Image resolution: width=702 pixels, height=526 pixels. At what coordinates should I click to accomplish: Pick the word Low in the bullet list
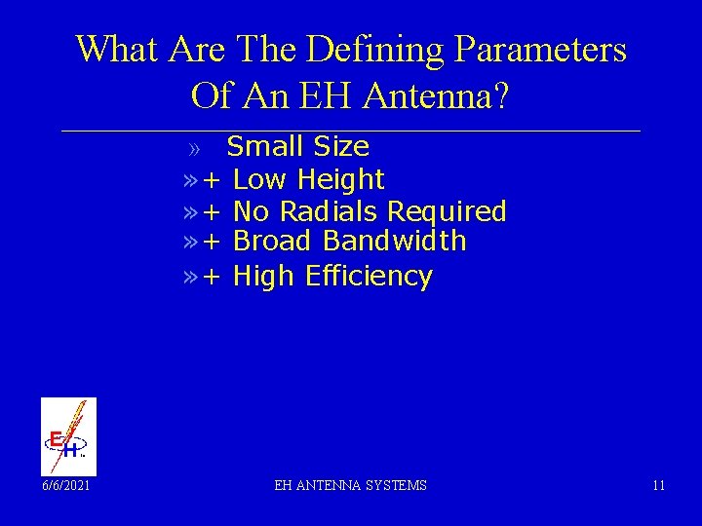[260, 179]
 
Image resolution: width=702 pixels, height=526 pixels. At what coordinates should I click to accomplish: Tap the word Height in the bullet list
[341, 179]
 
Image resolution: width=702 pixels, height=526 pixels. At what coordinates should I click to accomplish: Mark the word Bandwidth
[395, 241]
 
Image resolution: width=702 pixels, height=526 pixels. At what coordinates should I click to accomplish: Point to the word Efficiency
[369, 277]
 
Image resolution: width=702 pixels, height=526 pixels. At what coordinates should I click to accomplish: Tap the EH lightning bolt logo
[68, 436]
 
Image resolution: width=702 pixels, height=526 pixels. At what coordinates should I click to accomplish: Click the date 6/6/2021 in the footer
[64, 485]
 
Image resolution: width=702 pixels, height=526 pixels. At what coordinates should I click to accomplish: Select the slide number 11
[659, 485]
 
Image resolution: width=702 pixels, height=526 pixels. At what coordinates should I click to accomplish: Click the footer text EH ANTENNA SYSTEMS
[350, 485]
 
